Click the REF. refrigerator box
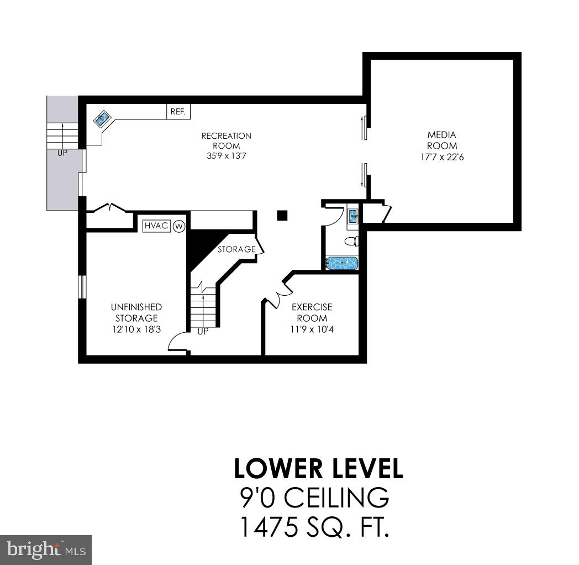click(x=178, y=112)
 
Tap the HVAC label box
click(x=156, y=226)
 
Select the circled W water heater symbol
click(x=178, y=226)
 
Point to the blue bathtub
click(x=341, y=263)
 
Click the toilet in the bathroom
click(x=352, y=241)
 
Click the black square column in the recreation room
click(x=282, y=215)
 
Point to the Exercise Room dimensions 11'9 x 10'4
click(x=312, y=329)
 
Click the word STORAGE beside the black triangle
click(x=236, y=249)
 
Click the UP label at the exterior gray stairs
click(x=62, y=153)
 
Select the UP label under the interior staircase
click(x=203, y=331)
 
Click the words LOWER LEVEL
click(x=318, y=468)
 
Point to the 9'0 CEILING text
click(x=314, y=498)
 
